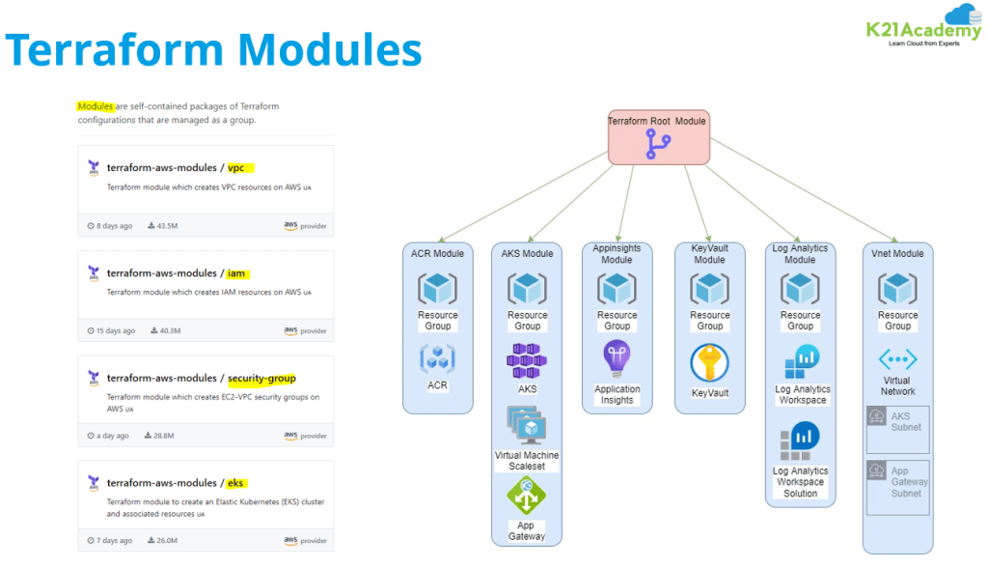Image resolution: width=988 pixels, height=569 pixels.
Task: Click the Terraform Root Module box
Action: tap(658, 136)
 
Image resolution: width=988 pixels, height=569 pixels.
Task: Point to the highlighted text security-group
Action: tap(261, 378)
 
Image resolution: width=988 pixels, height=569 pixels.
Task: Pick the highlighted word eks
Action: tap(238, 482)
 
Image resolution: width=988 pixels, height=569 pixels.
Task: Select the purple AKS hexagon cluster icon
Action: tap(527, 360)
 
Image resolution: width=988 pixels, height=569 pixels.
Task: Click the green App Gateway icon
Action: tap(527, 497)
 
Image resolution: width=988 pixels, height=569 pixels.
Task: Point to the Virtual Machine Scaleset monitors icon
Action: tap(527, 426)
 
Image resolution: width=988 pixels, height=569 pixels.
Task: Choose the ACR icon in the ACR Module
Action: tap(437, 359)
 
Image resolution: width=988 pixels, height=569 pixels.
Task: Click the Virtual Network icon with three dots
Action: tap(897, 359)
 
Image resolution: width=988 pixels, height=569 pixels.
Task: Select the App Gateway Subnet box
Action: tap(897, 486)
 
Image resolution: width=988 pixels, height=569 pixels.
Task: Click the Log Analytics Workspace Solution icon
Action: tap(800, 441)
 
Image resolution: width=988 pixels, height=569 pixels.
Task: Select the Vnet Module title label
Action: tap(897, 254)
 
